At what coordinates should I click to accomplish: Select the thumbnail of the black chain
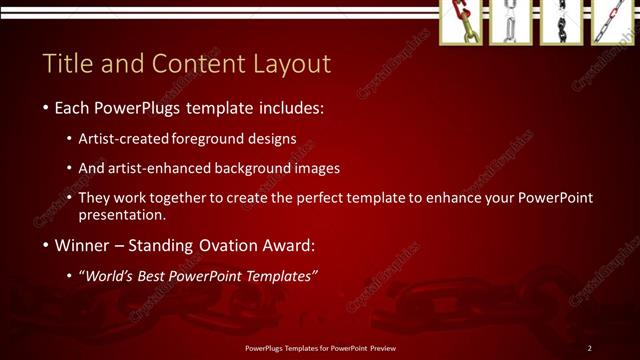pos(561,22)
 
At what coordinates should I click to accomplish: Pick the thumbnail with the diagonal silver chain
pos(611,22)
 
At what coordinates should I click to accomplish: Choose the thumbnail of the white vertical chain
pos(510,22)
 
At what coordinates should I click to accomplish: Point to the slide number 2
pos(590,348)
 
